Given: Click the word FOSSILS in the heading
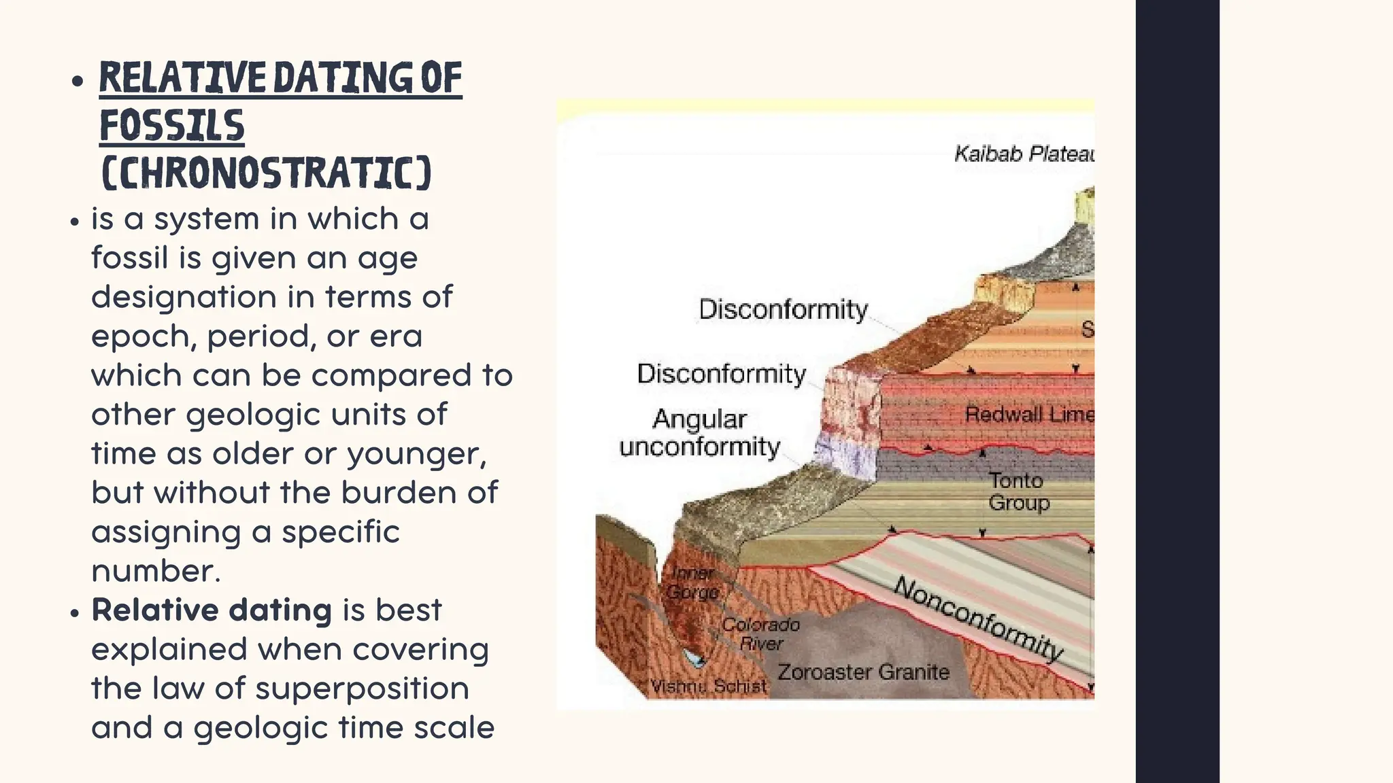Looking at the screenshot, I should tap(171, 126).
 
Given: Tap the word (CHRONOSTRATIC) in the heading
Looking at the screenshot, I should tap(266, 173).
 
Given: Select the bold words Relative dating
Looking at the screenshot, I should tap(212, 610).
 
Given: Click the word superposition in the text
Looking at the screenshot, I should tap(362, 688).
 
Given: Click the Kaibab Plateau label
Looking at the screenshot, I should tap(1024, 154).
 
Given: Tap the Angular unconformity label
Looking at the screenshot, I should tap(699, 433).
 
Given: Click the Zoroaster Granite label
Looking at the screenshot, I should tap(863, 672).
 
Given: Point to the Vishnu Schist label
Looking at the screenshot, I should tap(708, 686).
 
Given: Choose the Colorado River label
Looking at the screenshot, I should tap(760, 633).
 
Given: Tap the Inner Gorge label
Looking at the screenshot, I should tap(692, 582).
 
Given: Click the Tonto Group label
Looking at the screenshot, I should tap(1018, 491).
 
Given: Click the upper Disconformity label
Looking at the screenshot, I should tap(783, 309).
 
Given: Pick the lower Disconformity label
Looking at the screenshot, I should tap(721, 374).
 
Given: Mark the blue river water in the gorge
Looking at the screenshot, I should tap(694, 658).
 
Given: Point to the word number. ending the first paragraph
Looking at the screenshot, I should tap(156, 571).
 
